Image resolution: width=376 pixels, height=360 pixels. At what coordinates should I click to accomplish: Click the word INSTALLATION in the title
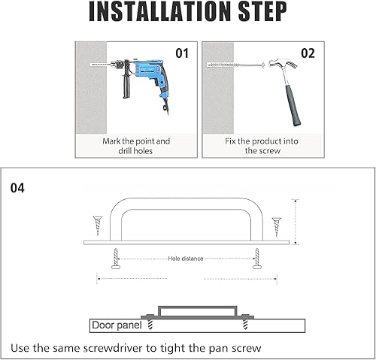[159, 11]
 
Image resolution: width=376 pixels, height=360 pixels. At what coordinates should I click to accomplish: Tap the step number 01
[182, 53]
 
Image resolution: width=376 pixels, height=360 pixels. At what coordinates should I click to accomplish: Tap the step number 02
[308, 53]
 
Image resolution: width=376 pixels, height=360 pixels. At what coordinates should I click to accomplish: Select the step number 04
[17, 188]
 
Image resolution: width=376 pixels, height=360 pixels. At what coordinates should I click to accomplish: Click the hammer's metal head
[282, 64]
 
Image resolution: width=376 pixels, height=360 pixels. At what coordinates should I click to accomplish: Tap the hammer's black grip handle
[293, 105]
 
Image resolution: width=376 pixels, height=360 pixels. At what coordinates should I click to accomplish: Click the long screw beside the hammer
[236, 65]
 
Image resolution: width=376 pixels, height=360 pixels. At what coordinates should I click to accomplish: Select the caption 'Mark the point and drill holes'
[136, 146]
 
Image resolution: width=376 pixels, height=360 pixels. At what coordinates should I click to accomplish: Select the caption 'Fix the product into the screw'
[262, 146]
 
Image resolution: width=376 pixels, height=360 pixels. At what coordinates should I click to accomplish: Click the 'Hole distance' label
[186, 259]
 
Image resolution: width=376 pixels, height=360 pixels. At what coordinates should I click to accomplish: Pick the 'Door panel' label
[117, 325]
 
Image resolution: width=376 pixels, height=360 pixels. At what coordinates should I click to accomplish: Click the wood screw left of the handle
[98, 225]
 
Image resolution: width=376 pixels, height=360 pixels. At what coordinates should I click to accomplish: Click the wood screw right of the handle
[277, 227]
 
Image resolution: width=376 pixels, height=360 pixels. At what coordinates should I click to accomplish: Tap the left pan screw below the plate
[116, 259]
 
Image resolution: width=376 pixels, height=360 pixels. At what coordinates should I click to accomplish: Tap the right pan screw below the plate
[257, 259]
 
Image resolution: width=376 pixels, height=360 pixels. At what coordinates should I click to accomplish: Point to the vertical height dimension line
[296, 222]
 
